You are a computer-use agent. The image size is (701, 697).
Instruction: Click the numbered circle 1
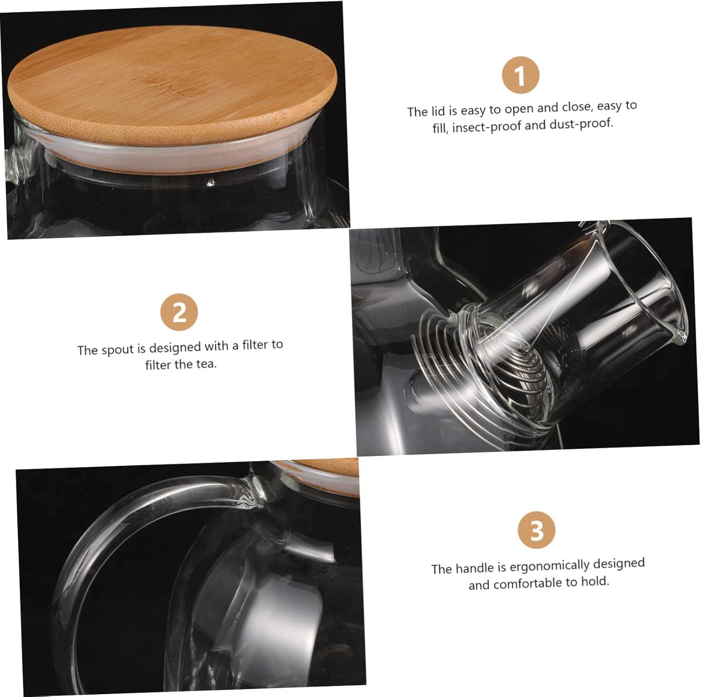point(521,75)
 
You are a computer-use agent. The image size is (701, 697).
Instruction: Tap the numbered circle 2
point(179,312)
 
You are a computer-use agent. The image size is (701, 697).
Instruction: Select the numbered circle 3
point(536,530)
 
